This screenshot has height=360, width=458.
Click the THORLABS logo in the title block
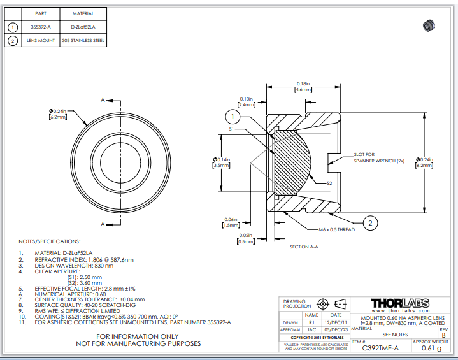click(399, 303)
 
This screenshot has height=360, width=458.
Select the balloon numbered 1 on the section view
click(234, 117)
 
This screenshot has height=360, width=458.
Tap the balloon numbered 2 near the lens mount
click(369, 222)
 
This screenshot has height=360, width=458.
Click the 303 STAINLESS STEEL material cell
click(83, 41)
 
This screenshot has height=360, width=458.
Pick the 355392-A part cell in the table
click(40, 27)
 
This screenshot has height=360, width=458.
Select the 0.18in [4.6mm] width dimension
click(303, 87)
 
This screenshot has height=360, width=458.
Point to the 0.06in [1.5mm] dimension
click(230, 222)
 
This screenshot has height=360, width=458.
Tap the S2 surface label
click(329, 183)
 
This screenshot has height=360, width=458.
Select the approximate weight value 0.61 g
click(431, 347)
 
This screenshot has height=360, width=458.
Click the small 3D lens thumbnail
click(428, 25)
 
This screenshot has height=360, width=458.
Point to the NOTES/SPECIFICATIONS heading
click(50, 241)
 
